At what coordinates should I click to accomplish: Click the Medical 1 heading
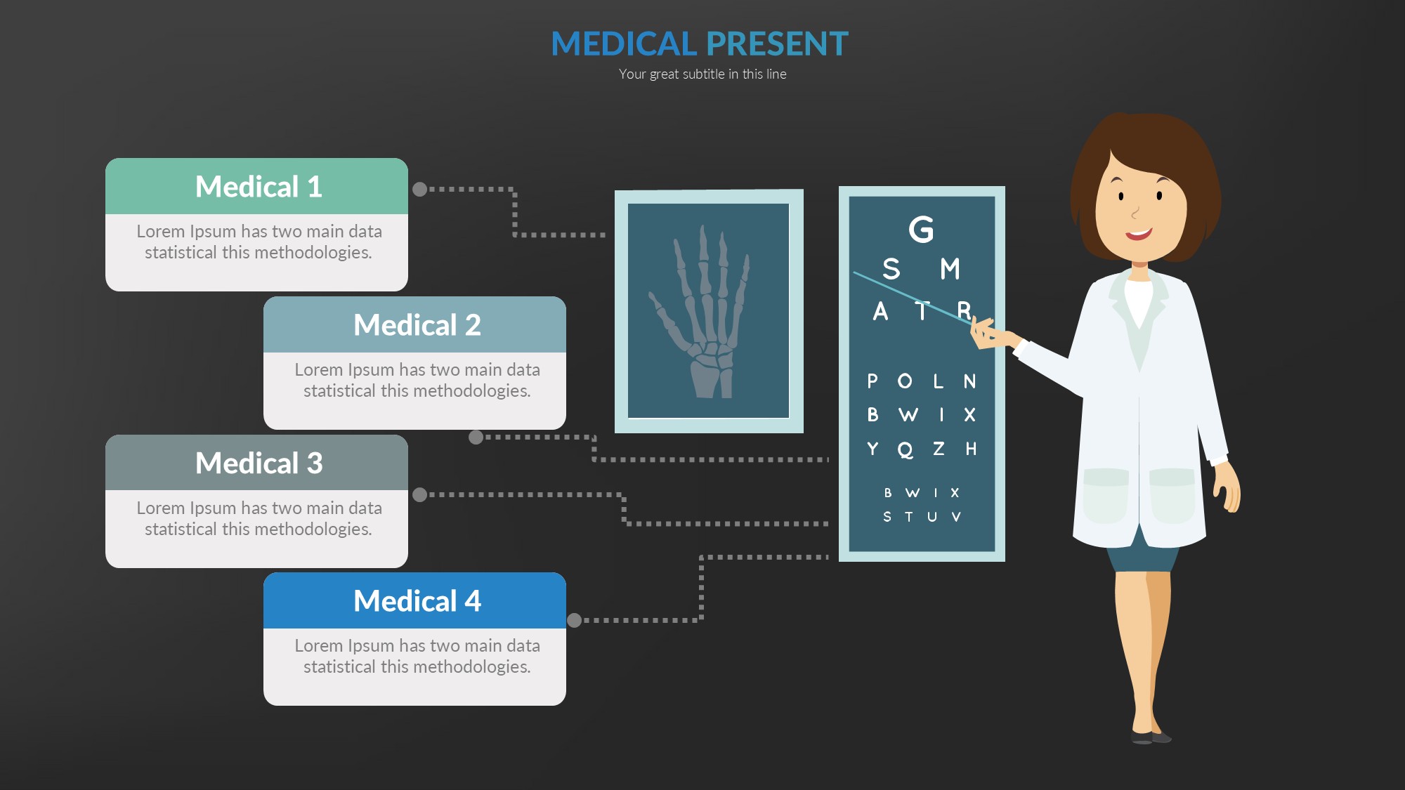click(x=259, y=187)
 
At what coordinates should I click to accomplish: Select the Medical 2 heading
click(x=417, y=325)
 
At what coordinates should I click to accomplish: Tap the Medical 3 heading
click(x=259, y=463)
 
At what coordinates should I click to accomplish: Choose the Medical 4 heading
click(x=417, y=601)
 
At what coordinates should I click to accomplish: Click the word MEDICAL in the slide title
click(x=624, y=44)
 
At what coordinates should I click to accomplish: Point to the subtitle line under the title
click(x=702, y=74)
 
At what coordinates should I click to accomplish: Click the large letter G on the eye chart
click(x=921, y=230)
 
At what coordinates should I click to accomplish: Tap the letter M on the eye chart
click(x=950, y=269)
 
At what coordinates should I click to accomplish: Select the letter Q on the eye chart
click(x=906, y=449)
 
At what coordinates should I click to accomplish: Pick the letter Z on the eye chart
click(x=939, y=449)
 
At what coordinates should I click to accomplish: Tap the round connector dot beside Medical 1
click(x=419, y=189)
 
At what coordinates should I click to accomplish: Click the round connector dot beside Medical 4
click(x=574, y=620)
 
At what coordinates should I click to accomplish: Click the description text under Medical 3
click(x=259, y=518)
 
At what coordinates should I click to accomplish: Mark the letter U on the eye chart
click(x=932, y=517)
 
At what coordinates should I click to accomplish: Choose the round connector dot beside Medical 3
click(x=419, y=494)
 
